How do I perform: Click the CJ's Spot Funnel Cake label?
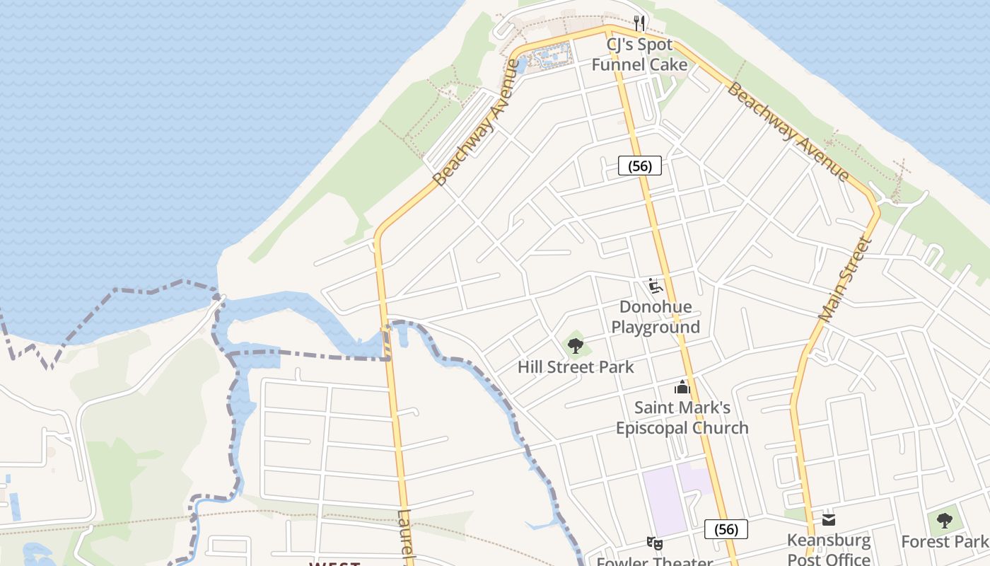(639, 54)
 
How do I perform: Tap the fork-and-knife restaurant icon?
(639, 23)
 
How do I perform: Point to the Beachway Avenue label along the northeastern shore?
(788, 132)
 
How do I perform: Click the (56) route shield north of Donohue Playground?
(640, 166)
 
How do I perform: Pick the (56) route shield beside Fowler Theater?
(726, 529)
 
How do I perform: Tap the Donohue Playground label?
(656, 317)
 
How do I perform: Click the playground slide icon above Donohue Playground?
(655, 286)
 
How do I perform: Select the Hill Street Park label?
(576, 367)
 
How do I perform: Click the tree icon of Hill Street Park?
(576, 345)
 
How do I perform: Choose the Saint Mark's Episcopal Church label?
(682, 417)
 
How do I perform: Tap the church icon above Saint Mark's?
(682, 387)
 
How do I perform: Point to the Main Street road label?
(845, 279)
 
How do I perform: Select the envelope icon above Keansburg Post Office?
(829, 520)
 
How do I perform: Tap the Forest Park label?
(944, 542)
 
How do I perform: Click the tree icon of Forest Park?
(944, 521)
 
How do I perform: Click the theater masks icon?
(654, 543)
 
